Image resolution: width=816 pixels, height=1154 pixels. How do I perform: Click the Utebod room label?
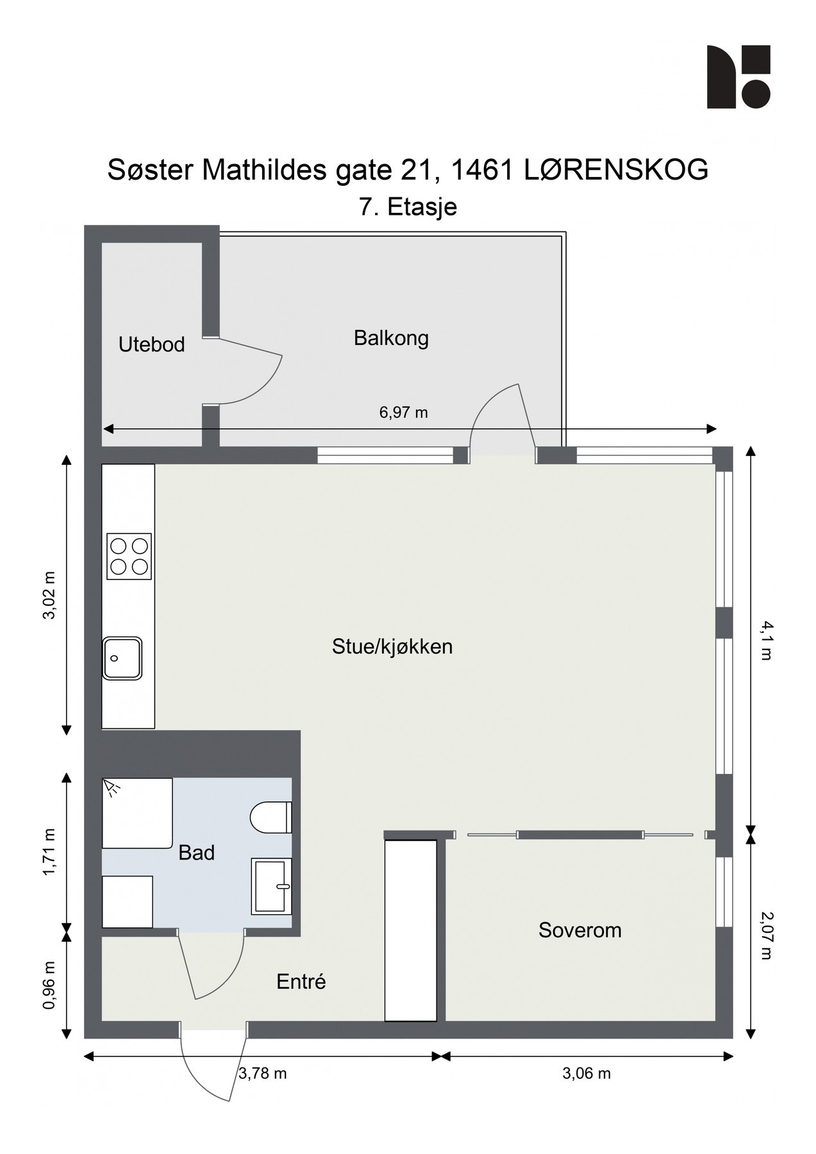pyautogui.click(x=151, y=345)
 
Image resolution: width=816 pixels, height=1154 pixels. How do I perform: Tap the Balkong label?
pyautogui.click(x=391, y=338)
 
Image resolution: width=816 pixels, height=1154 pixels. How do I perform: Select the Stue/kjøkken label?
pyautogui.click(x=392, y=646)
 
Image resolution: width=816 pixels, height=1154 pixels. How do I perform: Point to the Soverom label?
pyautogui.click(x=579, y=930)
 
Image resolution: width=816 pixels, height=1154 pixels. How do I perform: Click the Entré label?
pyautogui.click(x=301, y=982)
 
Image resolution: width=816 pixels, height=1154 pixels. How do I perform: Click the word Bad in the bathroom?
pyautogui.click(x=196, y=853)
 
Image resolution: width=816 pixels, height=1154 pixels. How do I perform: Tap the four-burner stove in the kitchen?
pyautogui.click(x=129, y=556)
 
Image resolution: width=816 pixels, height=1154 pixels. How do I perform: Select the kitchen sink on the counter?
pyautogui.click(x=122, y=658)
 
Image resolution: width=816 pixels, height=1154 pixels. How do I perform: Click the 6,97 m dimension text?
pyautogui.click(x=403, y=412)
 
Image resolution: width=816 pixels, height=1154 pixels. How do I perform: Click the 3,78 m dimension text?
pyautogui.click(x=262, y=1073)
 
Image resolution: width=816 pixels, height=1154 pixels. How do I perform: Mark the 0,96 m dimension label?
pyautogui.click(x=49, y=985)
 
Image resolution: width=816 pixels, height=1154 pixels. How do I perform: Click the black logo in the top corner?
pyautogui.click(x=738, y=77)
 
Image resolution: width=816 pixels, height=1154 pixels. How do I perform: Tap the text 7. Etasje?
pyautogui.click(x=408, y=207)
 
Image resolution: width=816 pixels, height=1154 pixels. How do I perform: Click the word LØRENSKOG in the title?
pyautogui.click(x=616, y=170)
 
